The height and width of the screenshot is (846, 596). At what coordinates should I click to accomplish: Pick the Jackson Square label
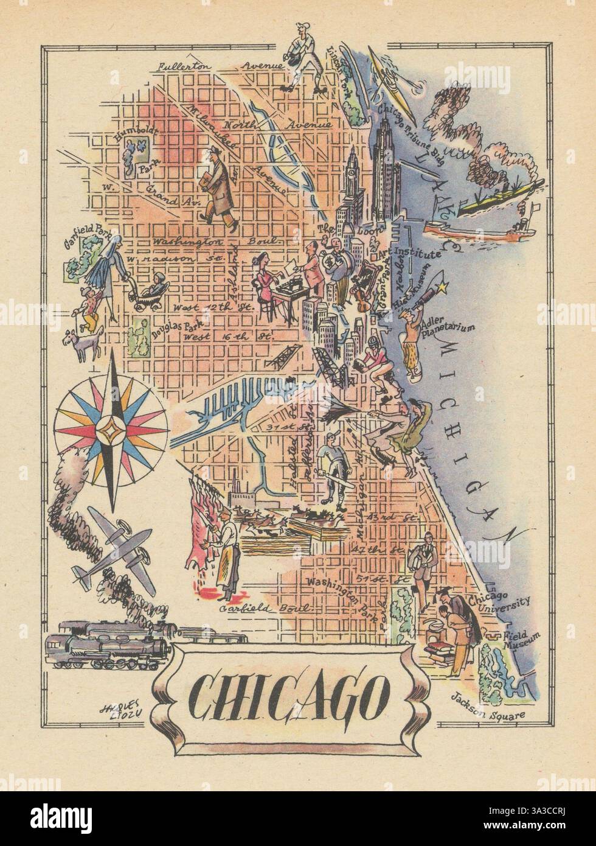pyautogui.click(x=488, y=713)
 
